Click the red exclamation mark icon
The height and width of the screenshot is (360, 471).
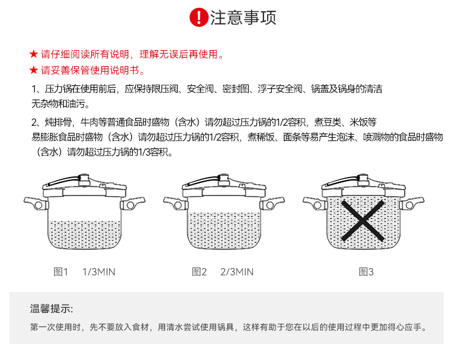[x=199, y=17]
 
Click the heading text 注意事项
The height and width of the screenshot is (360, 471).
[x=243, y=17]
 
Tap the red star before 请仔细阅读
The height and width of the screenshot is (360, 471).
[x=33, y=54]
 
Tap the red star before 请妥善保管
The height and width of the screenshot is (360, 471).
[x=33, y=70]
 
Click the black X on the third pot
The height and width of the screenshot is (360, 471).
[x=363, y=221]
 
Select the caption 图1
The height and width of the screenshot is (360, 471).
[x=61, y=272]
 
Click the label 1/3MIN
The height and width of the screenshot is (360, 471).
[x=99, y=272]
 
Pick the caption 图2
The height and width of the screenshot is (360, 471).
[x=199, y=272]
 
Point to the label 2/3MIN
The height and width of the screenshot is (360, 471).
[x=237, y=272]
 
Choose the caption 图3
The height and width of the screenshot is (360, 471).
[x=366, y=272]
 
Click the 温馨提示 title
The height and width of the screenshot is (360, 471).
[x=51, y=308]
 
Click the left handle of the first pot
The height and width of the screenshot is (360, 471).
[x=36, y=203]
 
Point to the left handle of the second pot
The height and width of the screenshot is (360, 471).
[x=176, y=203]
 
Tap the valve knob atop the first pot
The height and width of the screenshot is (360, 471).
[x=84, y=179]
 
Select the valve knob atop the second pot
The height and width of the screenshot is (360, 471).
[x=224, y=179]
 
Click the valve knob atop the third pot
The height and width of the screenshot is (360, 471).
[x=363, y=179]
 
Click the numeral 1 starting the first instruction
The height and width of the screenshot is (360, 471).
[x=35, y=89]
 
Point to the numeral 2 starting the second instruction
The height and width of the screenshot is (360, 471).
[x=35, y=122]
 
